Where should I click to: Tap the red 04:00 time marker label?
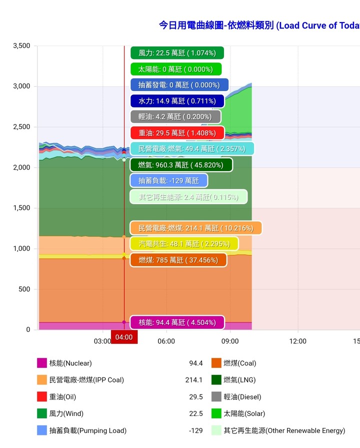[x=124, y=337]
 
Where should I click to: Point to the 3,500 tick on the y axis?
[x=20, y=46]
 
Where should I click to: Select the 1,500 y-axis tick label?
[x=20, y=208]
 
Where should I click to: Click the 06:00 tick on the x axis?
[x=166, y=341]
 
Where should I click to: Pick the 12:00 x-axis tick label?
[x=298, y=341]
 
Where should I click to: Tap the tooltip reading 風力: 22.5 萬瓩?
[x=177, y=53]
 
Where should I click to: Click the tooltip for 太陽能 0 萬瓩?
[x=175, y=69]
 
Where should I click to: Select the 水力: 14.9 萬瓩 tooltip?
[x=177, y=101]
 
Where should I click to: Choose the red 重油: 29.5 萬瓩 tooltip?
[x=177, y=133]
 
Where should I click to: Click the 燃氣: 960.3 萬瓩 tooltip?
[x=181, y=165]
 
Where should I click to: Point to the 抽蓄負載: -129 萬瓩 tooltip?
[x=168, y=181]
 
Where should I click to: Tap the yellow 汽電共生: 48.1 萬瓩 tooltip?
[x=184, y=244]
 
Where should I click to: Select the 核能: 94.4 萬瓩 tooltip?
[x=177, y=322]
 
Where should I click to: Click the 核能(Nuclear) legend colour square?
[x=42, y=363]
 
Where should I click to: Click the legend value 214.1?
[x=194, y=380]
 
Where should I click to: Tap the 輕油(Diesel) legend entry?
[x=242, y=397]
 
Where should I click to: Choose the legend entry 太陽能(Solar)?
[x=244, y=414]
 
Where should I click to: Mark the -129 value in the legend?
[x=196, y=430]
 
